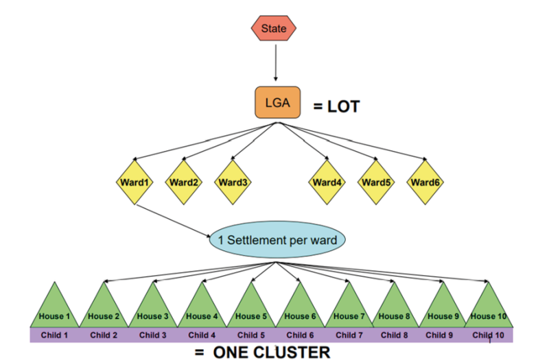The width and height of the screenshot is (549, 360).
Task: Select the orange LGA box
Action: tap(277, 102)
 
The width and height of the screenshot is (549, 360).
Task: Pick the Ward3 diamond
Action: tap(233, 182)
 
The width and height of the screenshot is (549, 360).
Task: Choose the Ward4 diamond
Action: tap(328, 182)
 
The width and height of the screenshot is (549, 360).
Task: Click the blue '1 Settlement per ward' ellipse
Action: tap(277, 241)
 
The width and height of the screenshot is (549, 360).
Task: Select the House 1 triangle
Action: tap(54, 309)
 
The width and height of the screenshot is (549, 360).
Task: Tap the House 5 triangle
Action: tap(250, 309)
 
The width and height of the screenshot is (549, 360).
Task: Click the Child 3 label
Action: tap(152, 335)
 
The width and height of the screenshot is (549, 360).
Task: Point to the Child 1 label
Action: tap(54, 335)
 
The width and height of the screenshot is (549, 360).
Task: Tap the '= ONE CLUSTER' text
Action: tap(263, 352)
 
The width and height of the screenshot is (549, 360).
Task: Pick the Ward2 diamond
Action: tap(184, 182)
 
